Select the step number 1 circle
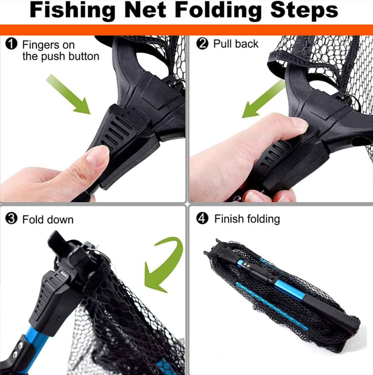point(11,45)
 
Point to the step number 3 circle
point(11,219)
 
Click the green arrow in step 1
point(69,95)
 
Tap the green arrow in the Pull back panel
point(263,101)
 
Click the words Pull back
point(236,44)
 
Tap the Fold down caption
point(48,219)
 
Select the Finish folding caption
point(247,219)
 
